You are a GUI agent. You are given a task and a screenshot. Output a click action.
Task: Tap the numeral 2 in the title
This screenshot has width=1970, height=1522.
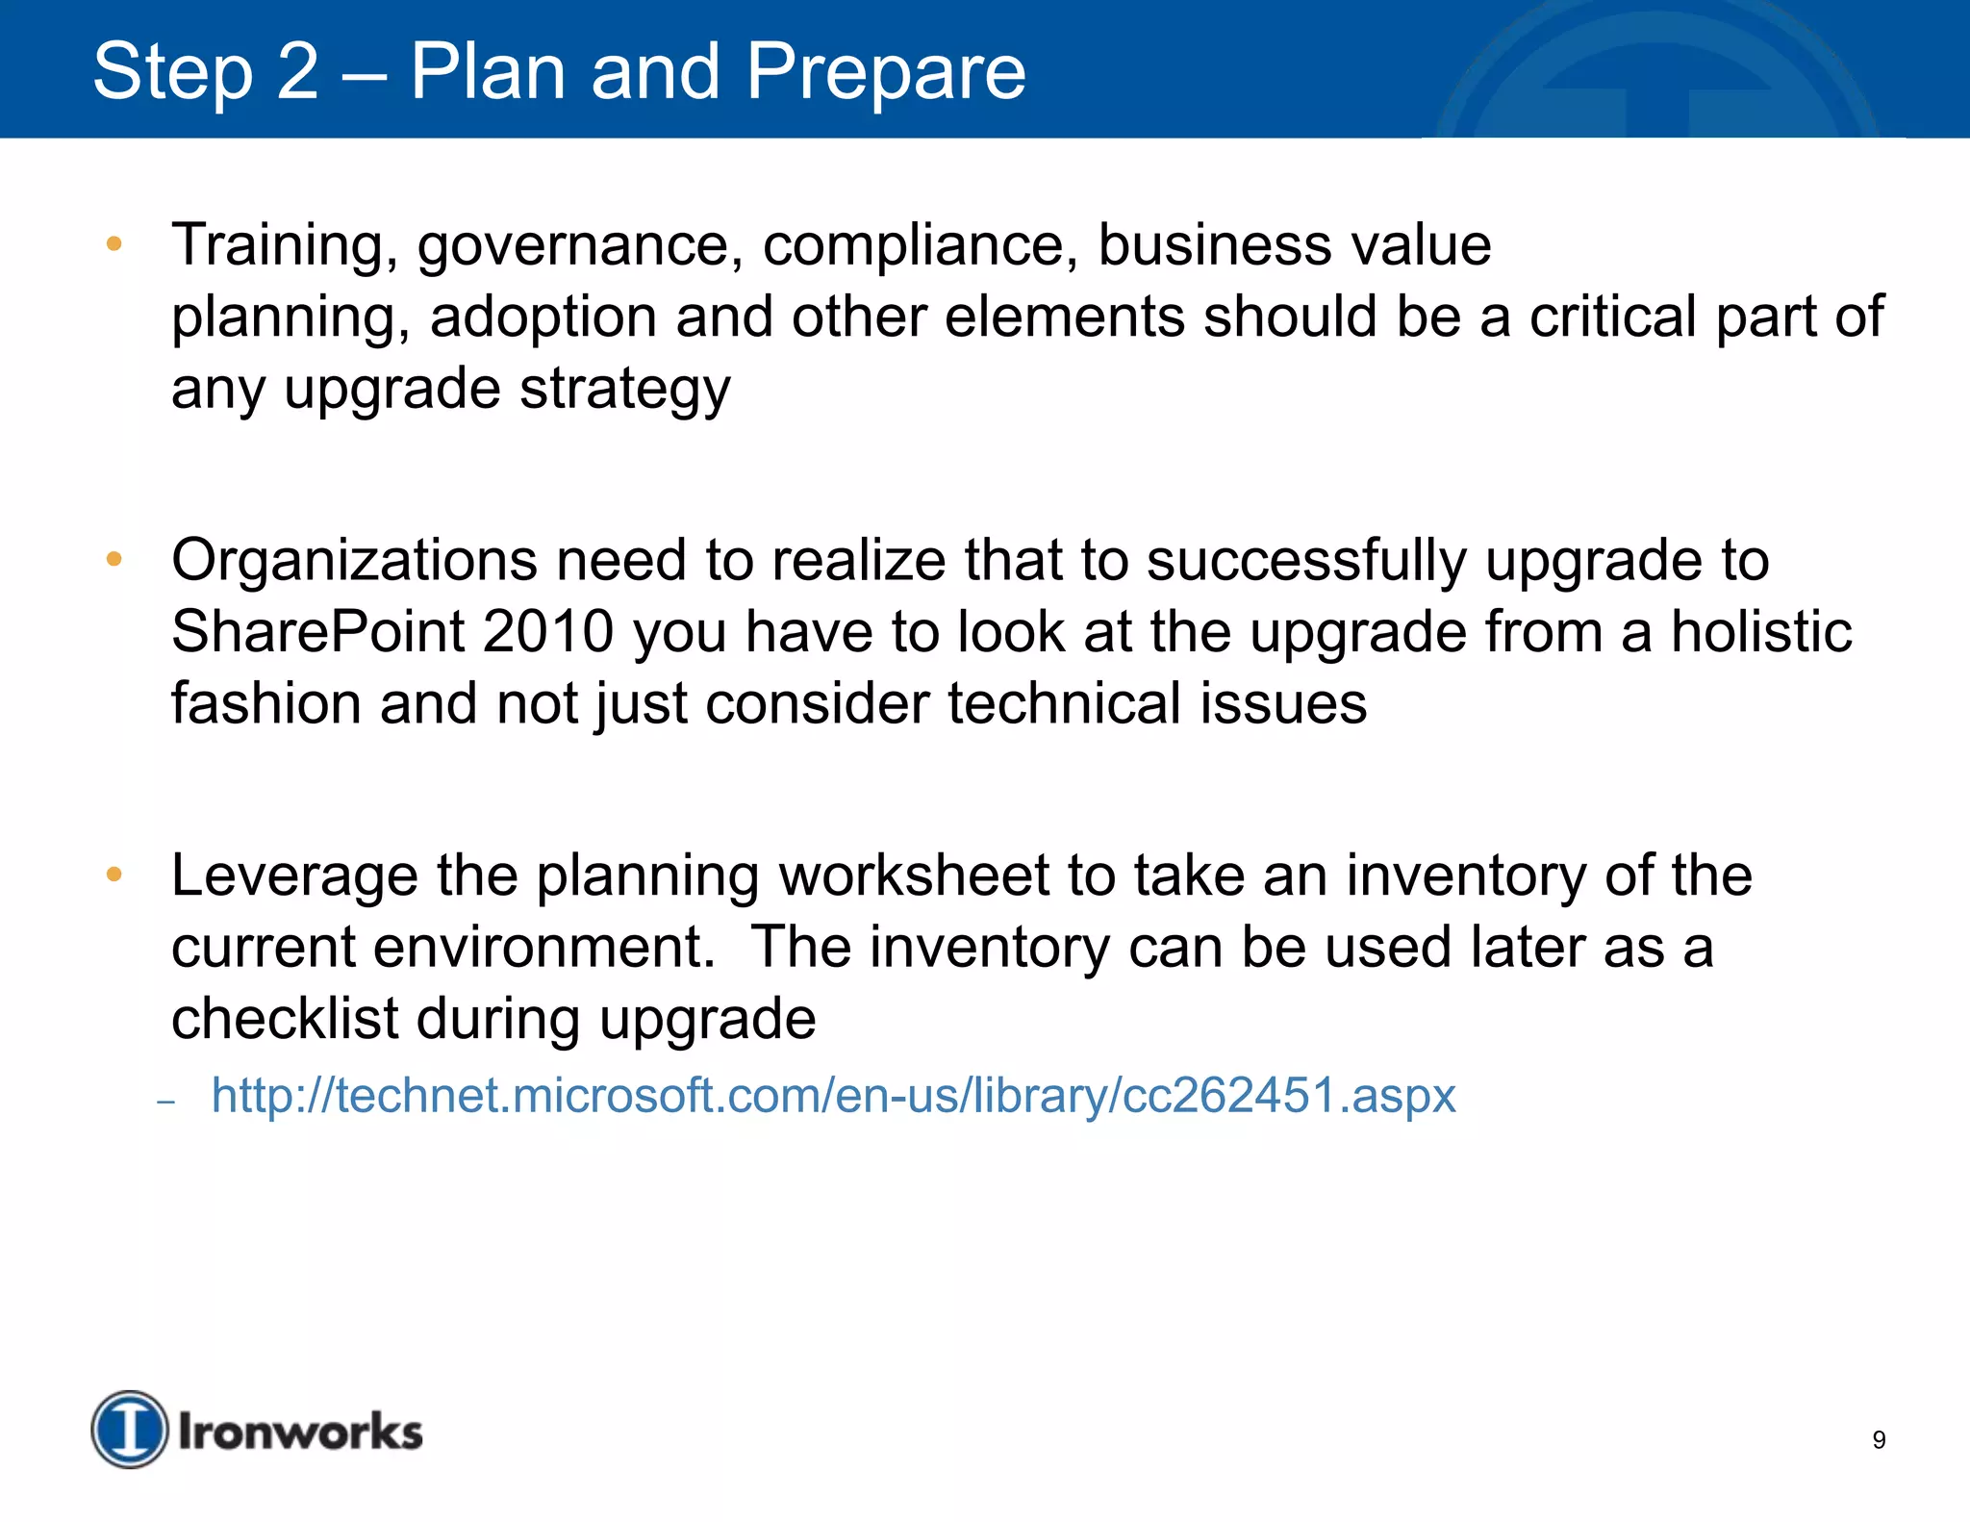pyautogui.click(x=296, y=72)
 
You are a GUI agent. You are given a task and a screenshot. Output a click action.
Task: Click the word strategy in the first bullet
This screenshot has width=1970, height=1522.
pyautogui.click(x=625, y=390)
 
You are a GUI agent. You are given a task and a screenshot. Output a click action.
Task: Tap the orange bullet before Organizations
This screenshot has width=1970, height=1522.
pyautogui.click(x=114, y=559)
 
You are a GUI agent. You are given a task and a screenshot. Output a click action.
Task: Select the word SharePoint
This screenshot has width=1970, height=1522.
pyautogui.click(x=317, y=632)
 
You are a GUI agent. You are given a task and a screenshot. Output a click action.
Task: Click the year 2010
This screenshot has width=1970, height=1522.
pyautogui.click(x=548, y=632)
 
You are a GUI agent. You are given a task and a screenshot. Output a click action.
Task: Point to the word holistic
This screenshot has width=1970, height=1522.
pyautogui.click(x=1760, y=632)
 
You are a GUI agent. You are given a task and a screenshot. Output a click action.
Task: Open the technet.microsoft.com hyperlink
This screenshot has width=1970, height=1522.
pyautogui.click(x=833, y=1096)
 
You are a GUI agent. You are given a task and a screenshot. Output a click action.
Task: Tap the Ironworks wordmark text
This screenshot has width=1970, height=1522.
pyautogui.click(x=300, y=1432)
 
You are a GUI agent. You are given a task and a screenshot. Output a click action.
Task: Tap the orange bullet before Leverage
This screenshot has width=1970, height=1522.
pyautogui.click(x=114, y=875)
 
